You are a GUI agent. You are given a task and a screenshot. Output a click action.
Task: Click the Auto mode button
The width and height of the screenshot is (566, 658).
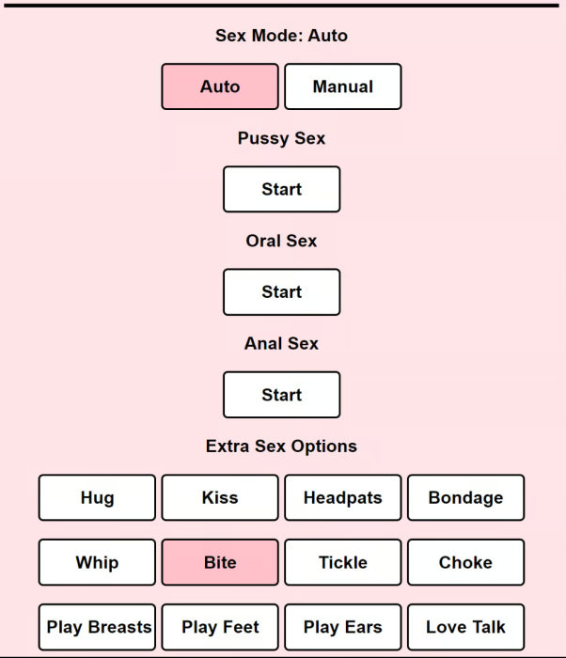220,86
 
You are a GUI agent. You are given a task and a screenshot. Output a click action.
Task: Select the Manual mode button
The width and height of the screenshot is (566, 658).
343,86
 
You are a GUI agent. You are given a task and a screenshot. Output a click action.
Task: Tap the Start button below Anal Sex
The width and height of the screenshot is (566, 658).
282,395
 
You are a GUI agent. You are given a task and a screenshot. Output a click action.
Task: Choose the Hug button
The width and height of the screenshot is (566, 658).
97,497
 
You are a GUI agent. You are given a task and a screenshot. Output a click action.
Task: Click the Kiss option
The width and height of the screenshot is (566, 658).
220,497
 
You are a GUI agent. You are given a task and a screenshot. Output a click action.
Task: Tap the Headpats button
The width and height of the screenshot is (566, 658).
343,497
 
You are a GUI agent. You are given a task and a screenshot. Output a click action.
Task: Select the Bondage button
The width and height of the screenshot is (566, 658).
466,497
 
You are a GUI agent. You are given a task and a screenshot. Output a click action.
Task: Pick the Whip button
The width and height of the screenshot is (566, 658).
97,562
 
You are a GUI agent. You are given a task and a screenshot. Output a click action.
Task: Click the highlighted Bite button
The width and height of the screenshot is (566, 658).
220,562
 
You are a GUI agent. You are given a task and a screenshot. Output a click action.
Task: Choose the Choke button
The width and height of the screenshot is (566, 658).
466,562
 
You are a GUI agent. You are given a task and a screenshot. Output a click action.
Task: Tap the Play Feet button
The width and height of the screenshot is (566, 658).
220,627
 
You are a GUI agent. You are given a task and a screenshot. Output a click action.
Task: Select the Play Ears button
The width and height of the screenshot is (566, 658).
343,627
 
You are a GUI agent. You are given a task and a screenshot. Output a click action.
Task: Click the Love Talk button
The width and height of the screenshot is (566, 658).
466,627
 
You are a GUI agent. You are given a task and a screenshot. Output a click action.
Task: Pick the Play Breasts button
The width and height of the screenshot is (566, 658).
97,627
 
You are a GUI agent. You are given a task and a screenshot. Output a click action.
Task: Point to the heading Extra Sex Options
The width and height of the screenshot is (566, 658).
281,446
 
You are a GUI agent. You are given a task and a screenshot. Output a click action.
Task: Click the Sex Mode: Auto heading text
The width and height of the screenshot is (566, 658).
281,36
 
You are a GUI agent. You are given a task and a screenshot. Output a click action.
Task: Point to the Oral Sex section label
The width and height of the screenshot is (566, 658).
281,241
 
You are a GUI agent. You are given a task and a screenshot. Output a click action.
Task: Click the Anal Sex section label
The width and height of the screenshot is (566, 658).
281,344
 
